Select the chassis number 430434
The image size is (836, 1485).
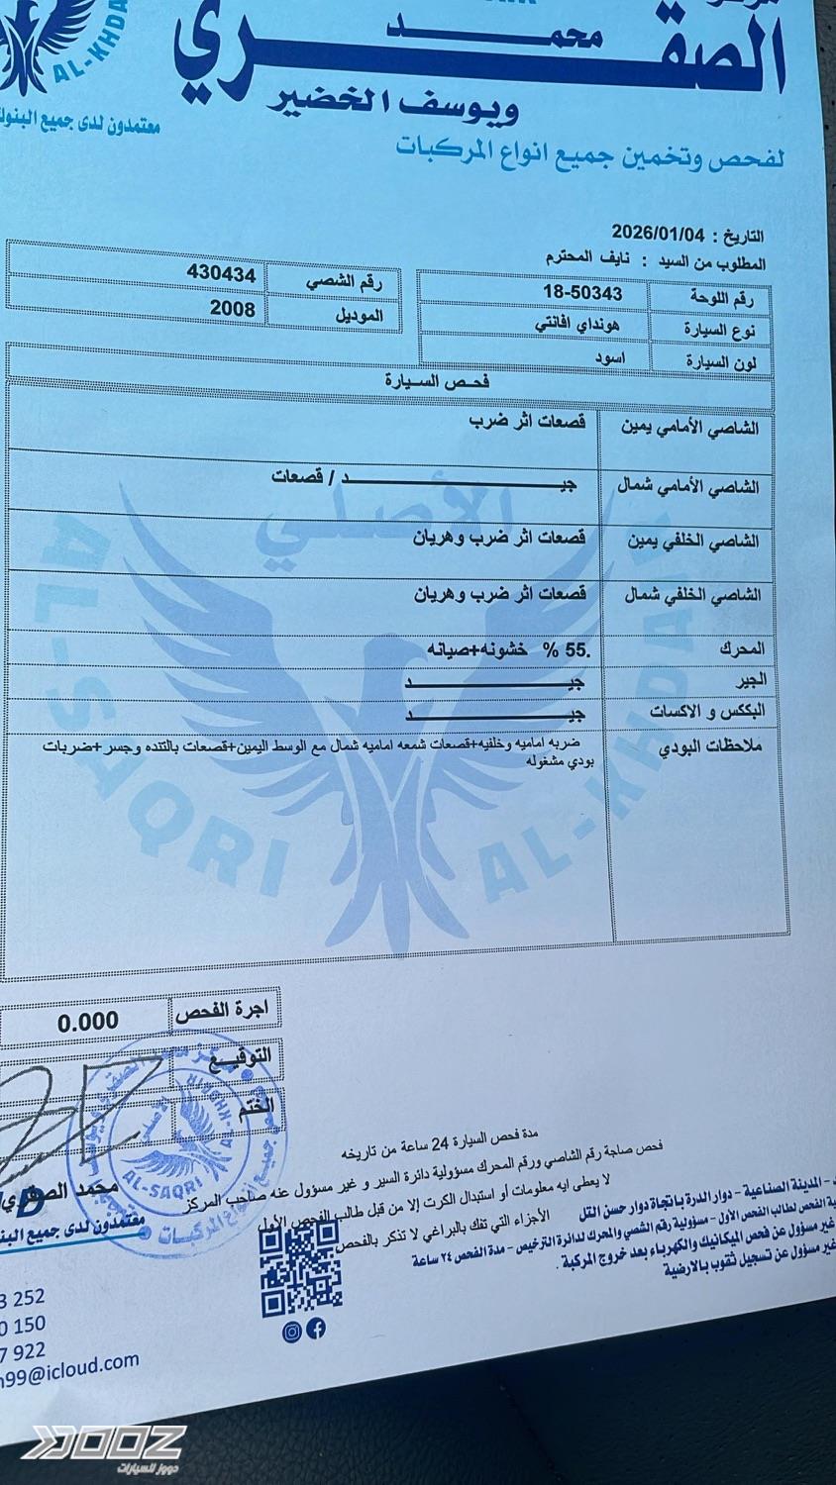221,274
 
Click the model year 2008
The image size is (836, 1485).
232,308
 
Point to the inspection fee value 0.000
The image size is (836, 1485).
87,1021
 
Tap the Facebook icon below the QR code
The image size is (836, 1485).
316,1331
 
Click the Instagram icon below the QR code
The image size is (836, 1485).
292,1332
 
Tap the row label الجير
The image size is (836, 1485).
748,681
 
